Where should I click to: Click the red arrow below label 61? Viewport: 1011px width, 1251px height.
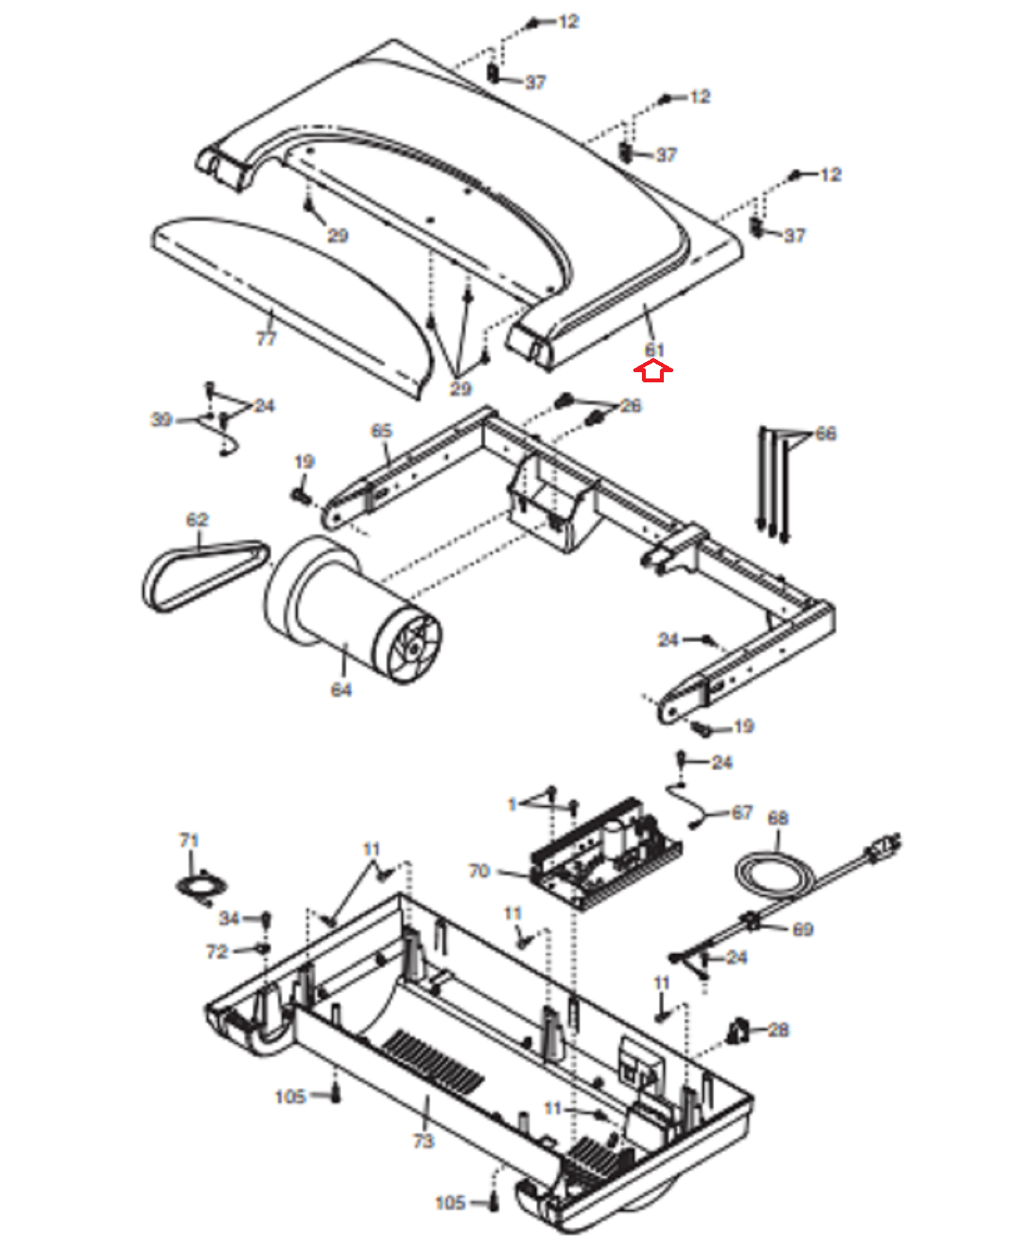pyautogui.click(x=652, y=371)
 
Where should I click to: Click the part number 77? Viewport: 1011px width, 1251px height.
pyautogui.click(x=266, y=339)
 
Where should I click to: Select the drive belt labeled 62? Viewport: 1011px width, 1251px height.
pyautogui.click(x=205, y=575)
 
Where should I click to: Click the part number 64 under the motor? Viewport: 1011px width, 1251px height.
pyautogui.click(x=342, y=690)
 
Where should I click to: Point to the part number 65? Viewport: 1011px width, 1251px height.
pyautogui.click(x=382, y=431)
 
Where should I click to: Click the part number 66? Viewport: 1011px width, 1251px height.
pyautogui.click(x=826, y=433)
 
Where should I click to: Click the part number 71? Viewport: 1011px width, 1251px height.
pyautogui.click(x=188, y=840)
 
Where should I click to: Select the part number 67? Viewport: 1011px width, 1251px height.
pyautogui.click(x=742, y=812)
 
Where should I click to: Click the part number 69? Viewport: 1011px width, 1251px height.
pyautogui.click(x=802, y=929)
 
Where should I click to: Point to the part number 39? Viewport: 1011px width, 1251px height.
pyautogui.click(x=161, y=419)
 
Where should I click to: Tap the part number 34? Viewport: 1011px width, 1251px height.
pyautogui.click(x=229, y=918)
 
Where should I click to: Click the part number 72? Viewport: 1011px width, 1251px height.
pyautogui.click(x=217, y=952)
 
